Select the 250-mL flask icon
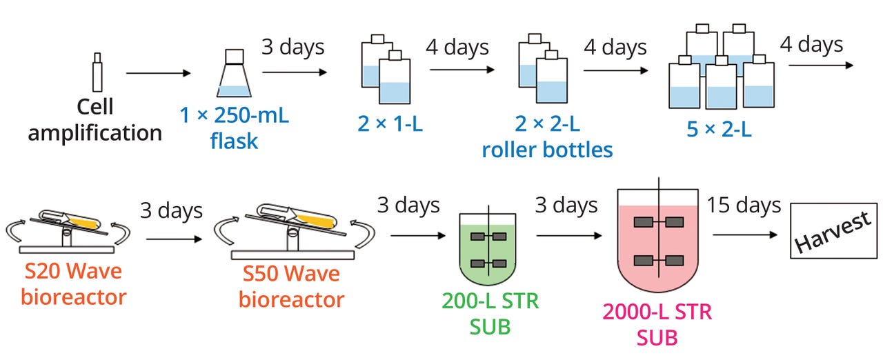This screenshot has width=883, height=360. pos(234,75)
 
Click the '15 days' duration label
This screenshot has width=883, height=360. pos(743,205)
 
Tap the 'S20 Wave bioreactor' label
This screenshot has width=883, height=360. pos(73,284)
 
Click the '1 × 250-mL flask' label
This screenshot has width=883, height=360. pos(234,128)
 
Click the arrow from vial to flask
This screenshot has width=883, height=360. pos(158,73)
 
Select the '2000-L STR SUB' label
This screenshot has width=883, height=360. pos(657,324)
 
